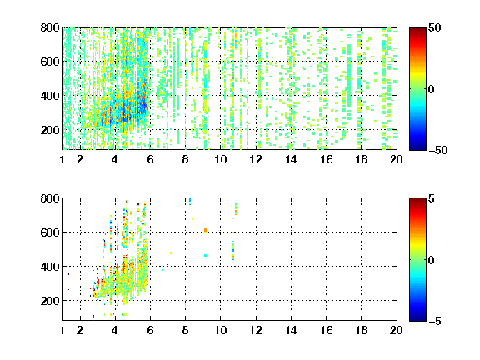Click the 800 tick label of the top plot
pyautogui.click(x=50, y=27)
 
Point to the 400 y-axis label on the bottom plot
pyautogui.click(x=50, y=267)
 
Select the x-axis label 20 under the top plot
pyautogui.click(x=396, y=159)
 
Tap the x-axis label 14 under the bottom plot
pyautogui.click(x=291, y=330)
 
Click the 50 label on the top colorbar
pyautogui.click(x=434, y=27)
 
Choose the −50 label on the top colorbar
pyautogui.click(x=438, y=150)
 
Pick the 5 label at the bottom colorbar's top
pyautogui.click(x=432, y=198)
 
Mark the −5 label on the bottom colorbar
pyautogui.click(x=435, y=321)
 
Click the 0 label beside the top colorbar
pyautogui.click(x=432, y=89)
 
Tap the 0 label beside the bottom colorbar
pyautogui.click(x=432, y=260)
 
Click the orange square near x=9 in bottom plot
pyautogui.click(x=205, y=230)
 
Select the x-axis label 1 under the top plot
pyautogui.click(x=62, y=159)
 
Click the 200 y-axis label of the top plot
pyautogui.click(x=50, y=130)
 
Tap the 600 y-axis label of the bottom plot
pyautogui.click(x=50, y=232)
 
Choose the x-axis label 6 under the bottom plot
pyautogui.click(x=150, y=330)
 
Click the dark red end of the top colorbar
pyautogui.click(x=417, y=29)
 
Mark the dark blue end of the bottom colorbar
pyautogui.click(x=417, y=319)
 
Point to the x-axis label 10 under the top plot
pyautogui.click(x=220, y=159)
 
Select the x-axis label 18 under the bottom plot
pyautogui.click(x=361, y=330)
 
